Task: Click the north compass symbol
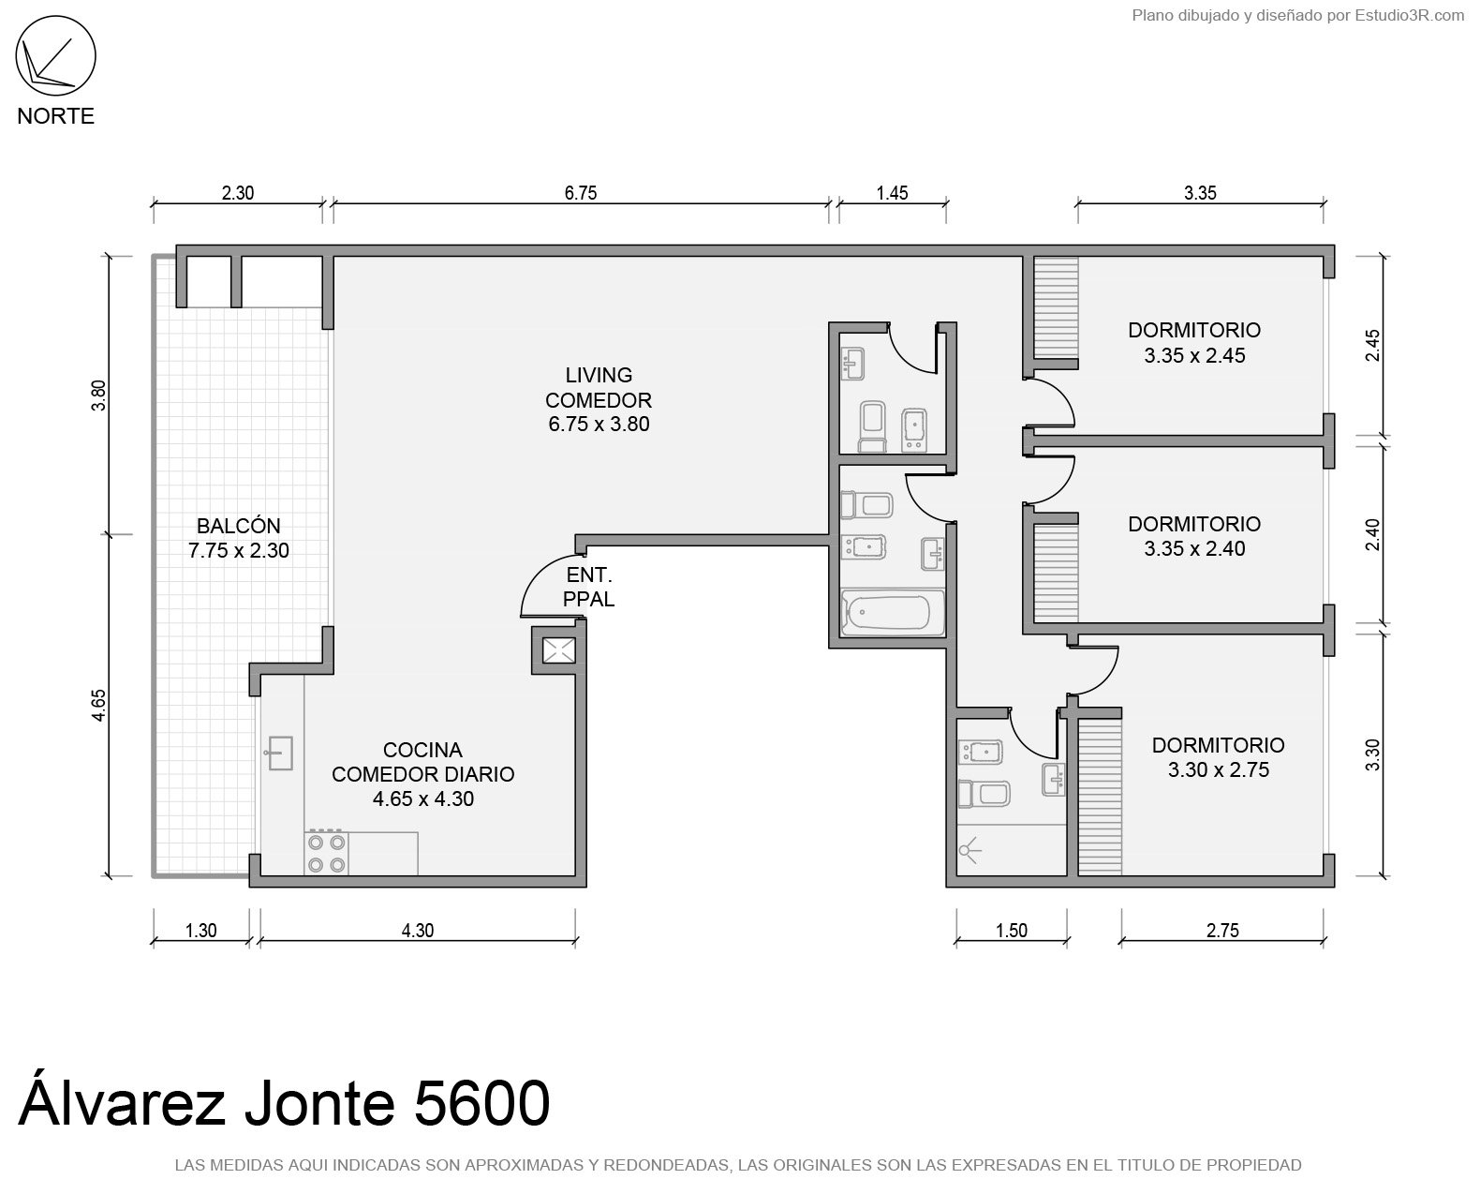55,55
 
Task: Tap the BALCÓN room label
239,526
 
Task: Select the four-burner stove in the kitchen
326,854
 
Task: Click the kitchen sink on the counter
279,753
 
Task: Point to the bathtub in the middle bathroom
892,613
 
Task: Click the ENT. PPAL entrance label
588,587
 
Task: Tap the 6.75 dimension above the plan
581,193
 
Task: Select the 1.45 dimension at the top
892,193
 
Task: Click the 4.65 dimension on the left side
99,705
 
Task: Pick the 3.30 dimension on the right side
1372,754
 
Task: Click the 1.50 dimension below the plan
1011,931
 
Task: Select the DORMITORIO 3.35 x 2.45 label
1194,343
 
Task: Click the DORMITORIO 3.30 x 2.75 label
1218,757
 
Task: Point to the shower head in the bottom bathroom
968,851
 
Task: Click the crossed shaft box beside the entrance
558,650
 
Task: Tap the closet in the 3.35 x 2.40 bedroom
1056,574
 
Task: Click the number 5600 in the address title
482,1103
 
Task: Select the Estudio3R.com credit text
1409,15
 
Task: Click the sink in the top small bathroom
852,364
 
